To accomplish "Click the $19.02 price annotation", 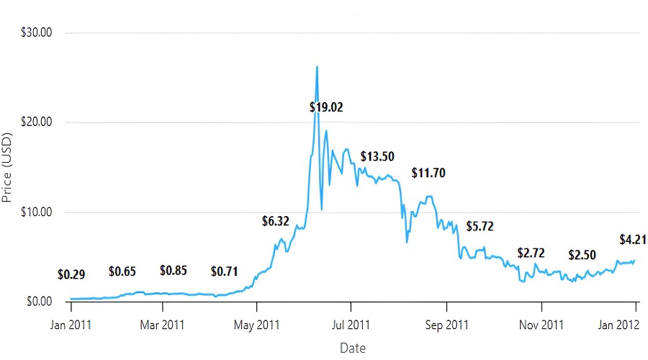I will pos(326,107).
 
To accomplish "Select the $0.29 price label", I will pos(71,274).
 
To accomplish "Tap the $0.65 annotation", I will pos(122,271).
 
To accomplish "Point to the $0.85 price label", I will pos(174,271).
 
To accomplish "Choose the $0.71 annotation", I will pos(224,271).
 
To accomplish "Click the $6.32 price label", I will pos(275,221).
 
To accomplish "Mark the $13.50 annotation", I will pos(377,156).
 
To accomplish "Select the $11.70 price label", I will pos(428,173).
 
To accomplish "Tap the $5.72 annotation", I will pos(480,226).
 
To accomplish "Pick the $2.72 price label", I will pos(531,253).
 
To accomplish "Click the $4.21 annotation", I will pos(633,240).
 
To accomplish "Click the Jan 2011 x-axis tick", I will pos(71,325).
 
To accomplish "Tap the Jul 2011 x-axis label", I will pos(351,325).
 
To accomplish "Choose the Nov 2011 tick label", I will pos(541,325).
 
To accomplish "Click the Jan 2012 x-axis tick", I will pos(636,325).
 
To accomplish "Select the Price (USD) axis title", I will pos(9,167).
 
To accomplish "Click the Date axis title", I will pos(353,348).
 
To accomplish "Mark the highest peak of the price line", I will pos(317,67).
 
